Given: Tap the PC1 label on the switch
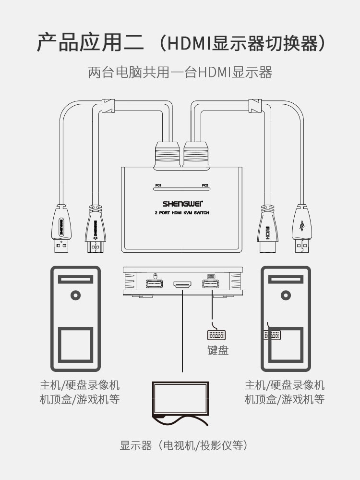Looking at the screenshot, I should tap(158, 185).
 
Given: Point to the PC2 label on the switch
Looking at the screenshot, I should tap(205, 185).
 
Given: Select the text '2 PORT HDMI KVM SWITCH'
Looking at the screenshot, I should tap(181, 212).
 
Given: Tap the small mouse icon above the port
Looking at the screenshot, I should tap(155, 276).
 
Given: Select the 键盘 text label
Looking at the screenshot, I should tap(218, 350).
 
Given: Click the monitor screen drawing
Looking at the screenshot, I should tap(180, 402).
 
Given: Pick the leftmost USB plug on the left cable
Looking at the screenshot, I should tap(60, 228).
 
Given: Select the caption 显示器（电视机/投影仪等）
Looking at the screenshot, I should tap(185, 445).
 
